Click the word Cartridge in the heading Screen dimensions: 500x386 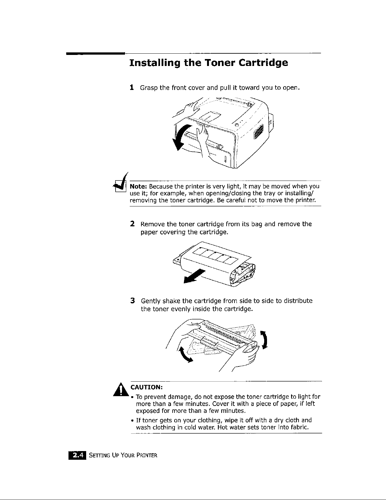pos(263,63)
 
